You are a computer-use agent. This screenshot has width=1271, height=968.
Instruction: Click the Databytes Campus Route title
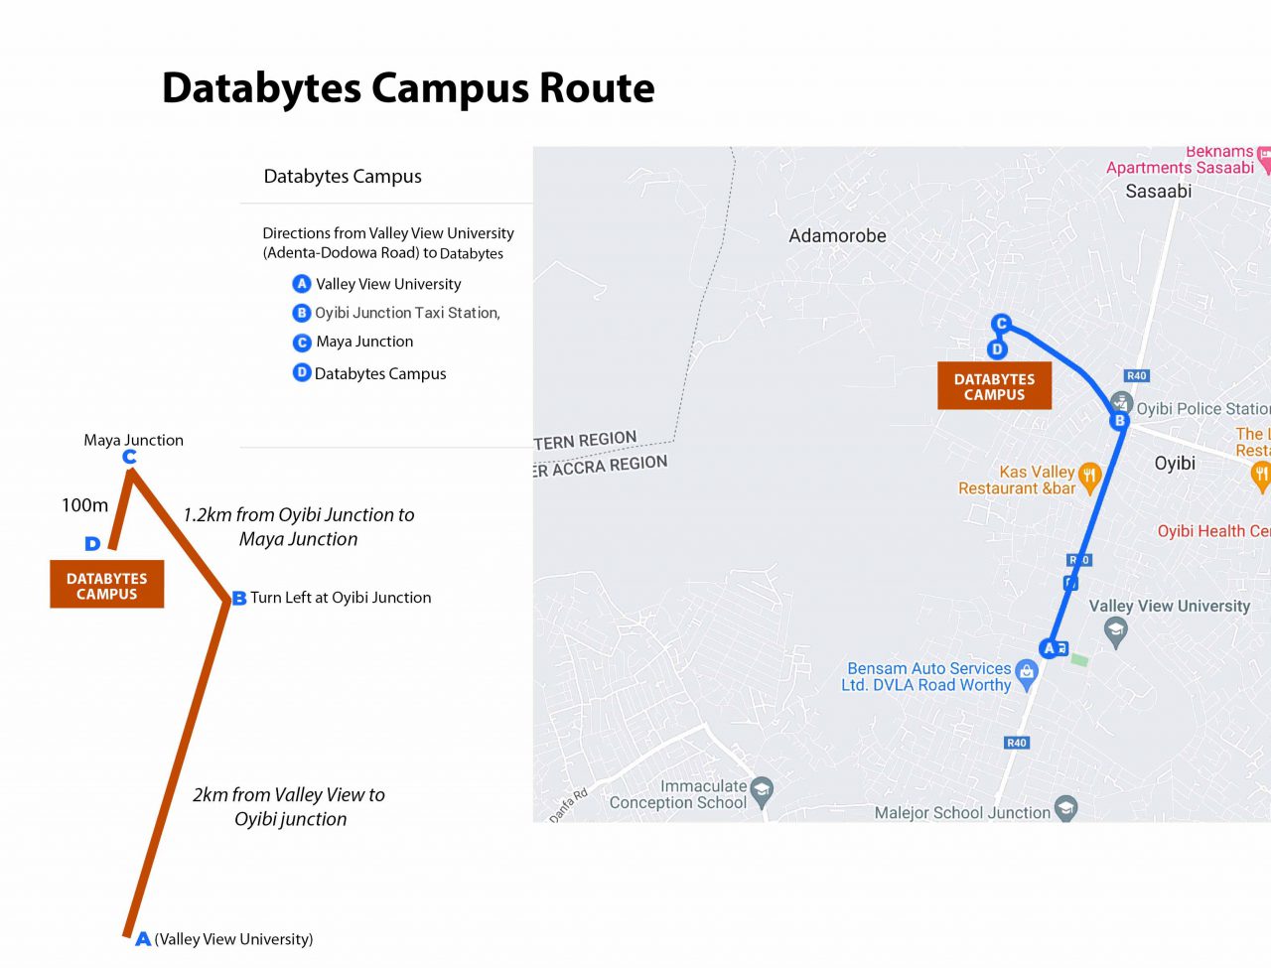(x=408, y=88)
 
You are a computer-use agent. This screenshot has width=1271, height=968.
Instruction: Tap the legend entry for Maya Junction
(x=364, y=342)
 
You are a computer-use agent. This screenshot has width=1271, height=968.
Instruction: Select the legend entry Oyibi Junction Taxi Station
(x=407, y=313)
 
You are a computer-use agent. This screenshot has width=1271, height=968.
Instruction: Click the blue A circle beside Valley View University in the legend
(x=302, y=284)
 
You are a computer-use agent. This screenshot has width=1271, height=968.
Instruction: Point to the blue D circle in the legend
(x=302, y=372)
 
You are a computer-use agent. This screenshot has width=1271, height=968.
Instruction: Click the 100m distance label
(x=84, y=505)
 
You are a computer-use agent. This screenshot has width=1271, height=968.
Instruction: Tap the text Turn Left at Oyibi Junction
(x=341, y=598)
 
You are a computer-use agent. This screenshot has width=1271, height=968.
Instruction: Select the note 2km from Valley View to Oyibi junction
(x=289, y=806)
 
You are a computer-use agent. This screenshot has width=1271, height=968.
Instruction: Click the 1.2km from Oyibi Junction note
(x=298, y=526)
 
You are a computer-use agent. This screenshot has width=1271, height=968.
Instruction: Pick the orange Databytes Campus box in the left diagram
(x=107, y=586)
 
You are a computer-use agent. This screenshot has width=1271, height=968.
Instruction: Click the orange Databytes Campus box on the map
(x=994, y=386)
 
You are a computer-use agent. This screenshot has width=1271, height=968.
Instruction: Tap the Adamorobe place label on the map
(x=837, y=236)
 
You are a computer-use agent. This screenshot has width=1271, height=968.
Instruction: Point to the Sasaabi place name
(x=1158, y=192)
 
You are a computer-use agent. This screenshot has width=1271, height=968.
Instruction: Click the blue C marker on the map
(x=1001, y=324)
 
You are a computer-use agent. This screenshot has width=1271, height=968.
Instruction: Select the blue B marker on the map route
(x=1119, y=421)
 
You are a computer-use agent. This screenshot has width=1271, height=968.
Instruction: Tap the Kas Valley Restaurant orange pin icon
(x=1089, y=477)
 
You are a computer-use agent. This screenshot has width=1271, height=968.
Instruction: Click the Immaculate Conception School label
(x=678, y=794)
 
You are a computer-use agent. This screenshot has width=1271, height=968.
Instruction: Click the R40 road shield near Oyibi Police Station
(x=1136, y=375)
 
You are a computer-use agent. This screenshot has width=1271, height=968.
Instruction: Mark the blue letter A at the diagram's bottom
(x=143, y=938)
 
